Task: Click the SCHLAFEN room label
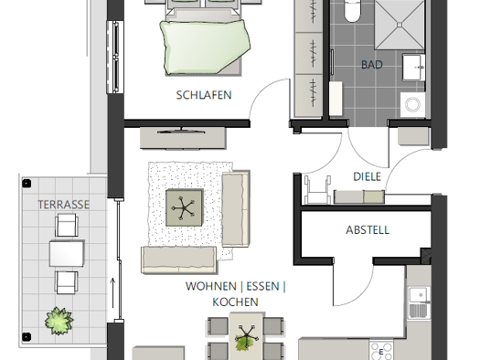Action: click(x=204, y=95)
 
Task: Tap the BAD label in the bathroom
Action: click(x=372, y=65)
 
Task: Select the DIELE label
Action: click(x=367, y=176)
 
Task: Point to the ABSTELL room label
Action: click(x=368, y=230)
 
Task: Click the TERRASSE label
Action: click(x=64, y=205)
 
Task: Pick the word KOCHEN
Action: click(x=235, y=302)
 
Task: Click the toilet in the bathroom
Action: click(x=352, y=11)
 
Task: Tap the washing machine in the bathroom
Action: click(x=412, y=104)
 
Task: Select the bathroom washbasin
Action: click(x=413, y=68)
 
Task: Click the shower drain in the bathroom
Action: click(x=400, y=25)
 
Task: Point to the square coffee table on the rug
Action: click(x=184, y=208)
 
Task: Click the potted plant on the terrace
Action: click(x=59, y=321)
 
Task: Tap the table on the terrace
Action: click(x=67, y=254)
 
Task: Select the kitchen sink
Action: click(x=420, y=302)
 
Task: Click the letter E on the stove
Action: click(x=381, y=352)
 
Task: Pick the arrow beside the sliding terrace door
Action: click(x=113, y=292)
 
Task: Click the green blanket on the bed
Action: click(x=205, y=47)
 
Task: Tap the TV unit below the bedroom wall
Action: click(x=183, y=138)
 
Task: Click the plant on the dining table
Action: click(x=246, y=338)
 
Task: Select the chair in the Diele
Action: click(x=318, y=190)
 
